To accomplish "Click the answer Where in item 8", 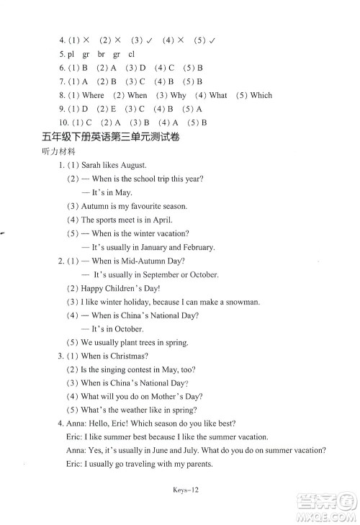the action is (93, 95).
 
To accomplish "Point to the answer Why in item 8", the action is (178, 95).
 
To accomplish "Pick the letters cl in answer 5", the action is (131, 54).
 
